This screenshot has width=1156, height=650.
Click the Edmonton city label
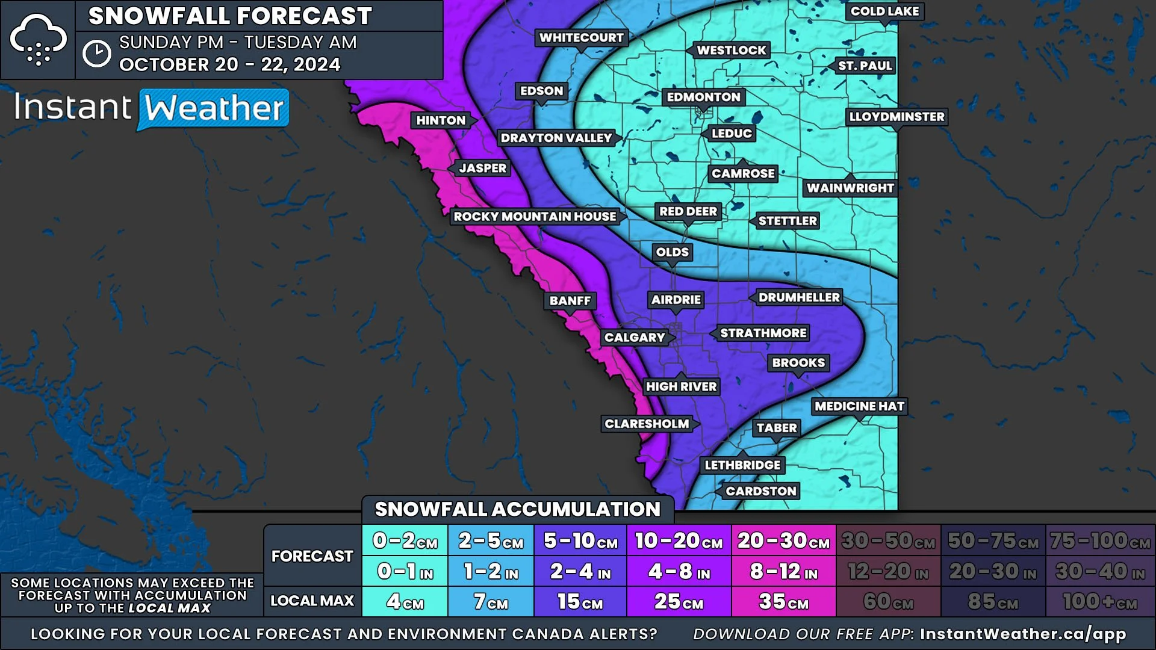703,97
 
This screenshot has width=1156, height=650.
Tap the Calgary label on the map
635,338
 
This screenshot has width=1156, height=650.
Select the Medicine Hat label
859,406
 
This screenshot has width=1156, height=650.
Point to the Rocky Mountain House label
535,217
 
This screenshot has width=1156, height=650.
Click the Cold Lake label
884,11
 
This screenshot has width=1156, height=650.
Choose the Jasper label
483,168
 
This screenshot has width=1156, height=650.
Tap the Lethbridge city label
742,465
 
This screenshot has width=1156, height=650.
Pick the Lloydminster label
897,117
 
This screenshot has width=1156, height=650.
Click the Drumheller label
798,297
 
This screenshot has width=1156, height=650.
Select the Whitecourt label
581,38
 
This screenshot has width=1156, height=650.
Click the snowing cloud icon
38,40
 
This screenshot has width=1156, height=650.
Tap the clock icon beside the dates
96,54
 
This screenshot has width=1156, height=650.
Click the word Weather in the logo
214,109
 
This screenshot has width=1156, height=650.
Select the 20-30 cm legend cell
783,540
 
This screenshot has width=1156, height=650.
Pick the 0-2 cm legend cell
405,540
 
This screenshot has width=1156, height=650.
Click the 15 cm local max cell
580,601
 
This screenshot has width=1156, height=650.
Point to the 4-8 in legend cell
679,571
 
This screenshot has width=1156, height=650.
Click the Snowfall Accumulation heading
517,510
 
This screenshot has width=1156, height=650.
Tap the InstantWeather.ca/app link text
1022,634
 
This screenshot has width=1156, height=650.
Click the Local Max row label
312,601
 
